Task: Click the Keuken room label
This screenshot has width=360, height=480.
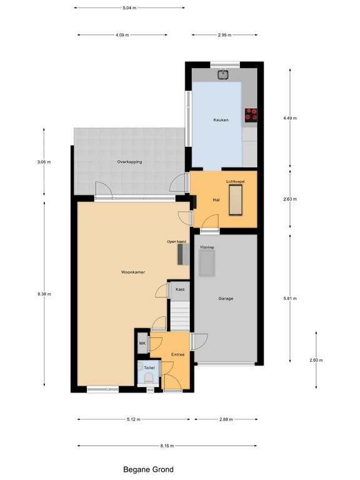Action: click(221, 120)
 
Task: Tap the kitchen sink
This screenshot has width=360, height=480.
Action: click(224, 74)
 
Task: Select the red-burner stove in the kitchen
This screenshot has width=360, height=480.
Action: click(251, 116)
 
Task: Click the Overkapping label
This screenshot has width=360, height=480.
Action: click(129, 162)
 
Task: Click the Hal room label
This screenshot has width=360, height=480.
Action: click(216, 200)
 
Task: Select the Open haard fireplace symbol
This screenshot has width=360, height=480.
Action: click(184, 255)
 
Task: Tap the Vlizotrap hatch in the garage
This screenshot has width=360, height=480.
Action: click(207, 263)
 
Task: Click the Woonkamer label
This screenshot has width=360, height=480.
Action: click(133, 272)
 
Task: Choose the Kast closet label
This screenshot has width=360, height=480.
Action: click(180, 289)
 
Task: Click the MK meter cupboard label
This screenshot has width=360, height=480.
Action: click(142, 344)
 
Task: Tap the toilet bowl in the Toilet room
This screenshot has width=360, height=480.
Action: click(149, 378)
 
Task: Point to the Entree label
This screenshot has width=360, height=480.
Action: click(177, 354)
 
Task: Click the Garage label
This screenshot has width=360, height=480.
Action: click(226, 299)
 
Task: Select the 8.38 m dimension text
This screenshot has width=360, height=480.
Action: click(44, 294)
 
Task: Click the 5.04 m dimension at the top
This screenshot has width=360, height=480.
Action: click(129, 8)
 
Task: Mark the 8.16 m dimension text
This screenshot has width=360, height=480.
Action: click(167, 446)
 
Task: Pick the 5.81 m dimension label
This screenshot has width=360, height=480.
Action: click(290, 299)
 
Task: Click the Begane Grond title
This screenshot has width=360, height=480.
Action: click(148, 469)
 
